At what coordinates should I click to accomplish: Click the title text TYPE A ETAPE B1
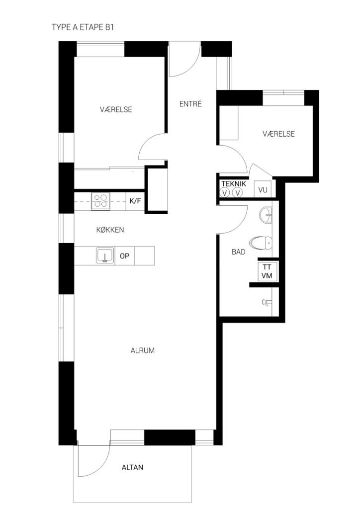click(83, 27)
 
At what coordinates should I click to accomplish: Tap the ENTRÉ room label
click(190, 104)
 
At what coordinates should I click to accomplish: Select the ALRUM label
click(143, 350)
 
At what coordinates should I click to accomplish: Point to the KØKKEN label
click(110, 230)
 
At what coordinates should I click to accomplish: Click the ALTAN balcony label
click(132, 467)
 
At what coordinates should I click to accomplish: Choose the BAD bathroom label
click(239, 252)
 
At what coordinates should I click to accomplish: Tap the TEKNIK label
click(234, 184)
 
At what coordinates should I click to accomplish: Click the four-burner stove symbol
click(100, 201)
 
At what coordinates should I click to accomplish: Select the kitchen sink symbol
click(105, 255)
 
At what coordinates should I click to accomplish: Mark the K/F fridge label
click(135, 201)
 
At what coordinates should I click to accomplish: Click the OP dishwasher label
click(125, 256)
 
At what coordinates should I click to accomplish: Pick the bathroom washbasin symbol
click(266, 215)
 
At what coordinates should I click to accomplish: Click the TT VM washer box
click(267, 271)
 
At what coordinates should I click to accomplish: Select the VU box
click(263, 189)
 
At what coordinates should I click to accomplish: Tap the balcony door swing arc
click(100, 467)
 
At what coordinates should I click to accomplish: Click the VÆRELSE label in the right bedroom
click(279, 134)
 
